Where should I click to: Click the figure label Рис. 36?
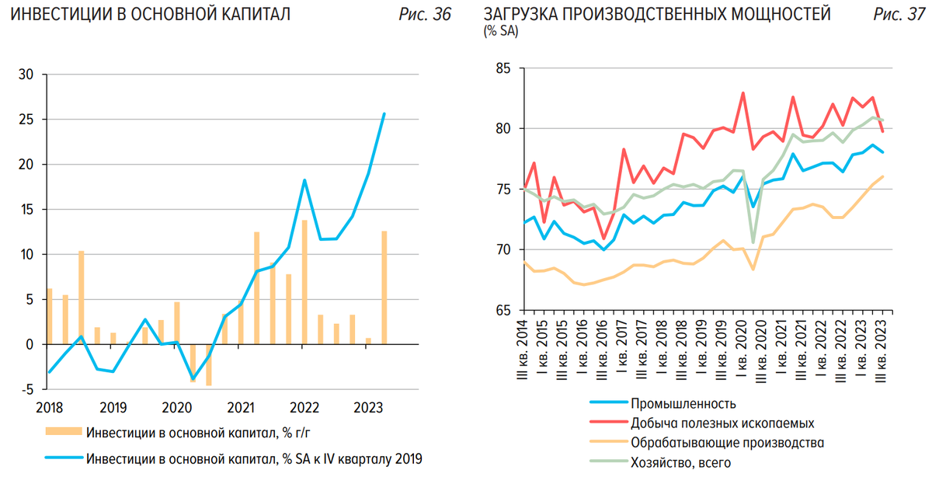[425, 15]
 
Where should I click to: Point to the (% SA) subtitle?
[501, 32]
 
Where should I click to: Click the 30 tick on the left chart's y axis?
[26, 75]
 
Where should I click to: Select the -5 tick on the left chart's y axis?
[26, 389]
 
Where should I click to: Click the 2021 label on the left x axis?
[241, 406]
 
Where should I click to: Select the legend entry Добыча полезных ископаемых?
[722, 423]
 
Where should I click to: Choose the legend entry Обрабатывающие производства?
[727, 443]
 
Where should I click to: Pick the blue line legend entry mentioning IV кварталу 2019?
[254, 458]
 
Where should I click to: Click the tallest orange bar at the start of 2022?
[304, 282]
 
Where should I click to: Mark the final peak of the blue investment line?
[384, 114]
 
